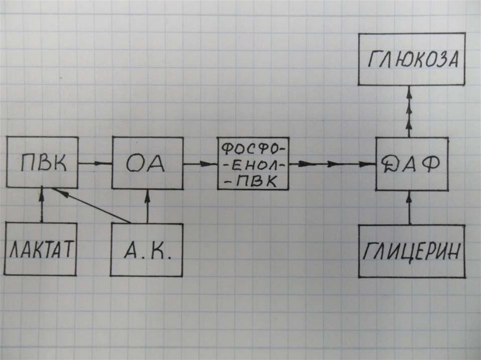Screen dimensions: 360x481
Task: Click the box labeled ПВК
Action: (x=42, y=162)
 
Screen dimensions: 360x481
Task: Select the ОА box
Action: (x=147, y=163)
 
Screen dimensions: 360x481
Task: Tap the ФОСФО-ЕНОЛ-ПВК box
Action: (x=253, y=163)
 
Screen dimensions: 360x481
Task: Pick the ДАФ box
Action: (x=412, y=164)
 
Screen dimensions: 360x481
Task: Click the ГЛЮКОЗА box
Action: (x=411, y=59)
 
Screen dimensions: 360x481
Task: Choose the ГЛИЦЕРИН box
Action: (x=411, y=251)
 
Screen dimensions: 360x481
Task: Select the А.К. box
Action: (x=147, y=250)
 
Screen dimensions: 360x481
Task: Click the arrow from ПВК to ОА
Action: (x=95, y=163)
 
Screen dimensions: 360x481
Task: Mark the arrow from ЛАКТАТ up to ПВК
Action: (x=42, y=205)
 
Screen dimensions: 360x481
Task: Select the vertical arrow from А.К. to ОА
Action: (x=147, y=206)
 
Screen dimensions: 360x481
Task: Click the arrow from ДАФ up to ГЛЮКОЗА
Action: (x=409, y=111)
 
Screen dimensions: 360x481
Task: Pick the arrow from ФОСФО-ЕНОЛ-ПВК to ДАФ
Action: (x=333, y=164)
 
